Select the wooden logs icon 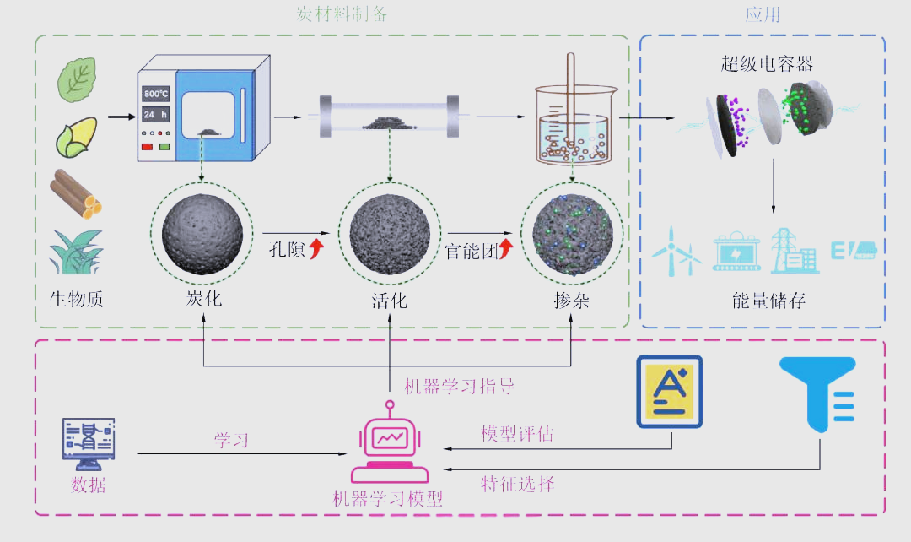(x=77, y=193)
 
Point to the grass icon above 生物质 (x=75, y=251)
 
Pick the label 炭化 (x=203, y=299)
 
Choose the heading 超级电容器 (x=767, y=65)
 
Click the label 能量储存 (x=768, y=300)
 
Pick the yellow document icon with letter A (x=670, y=391)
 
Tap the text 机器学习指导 (x=459, y=387)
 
